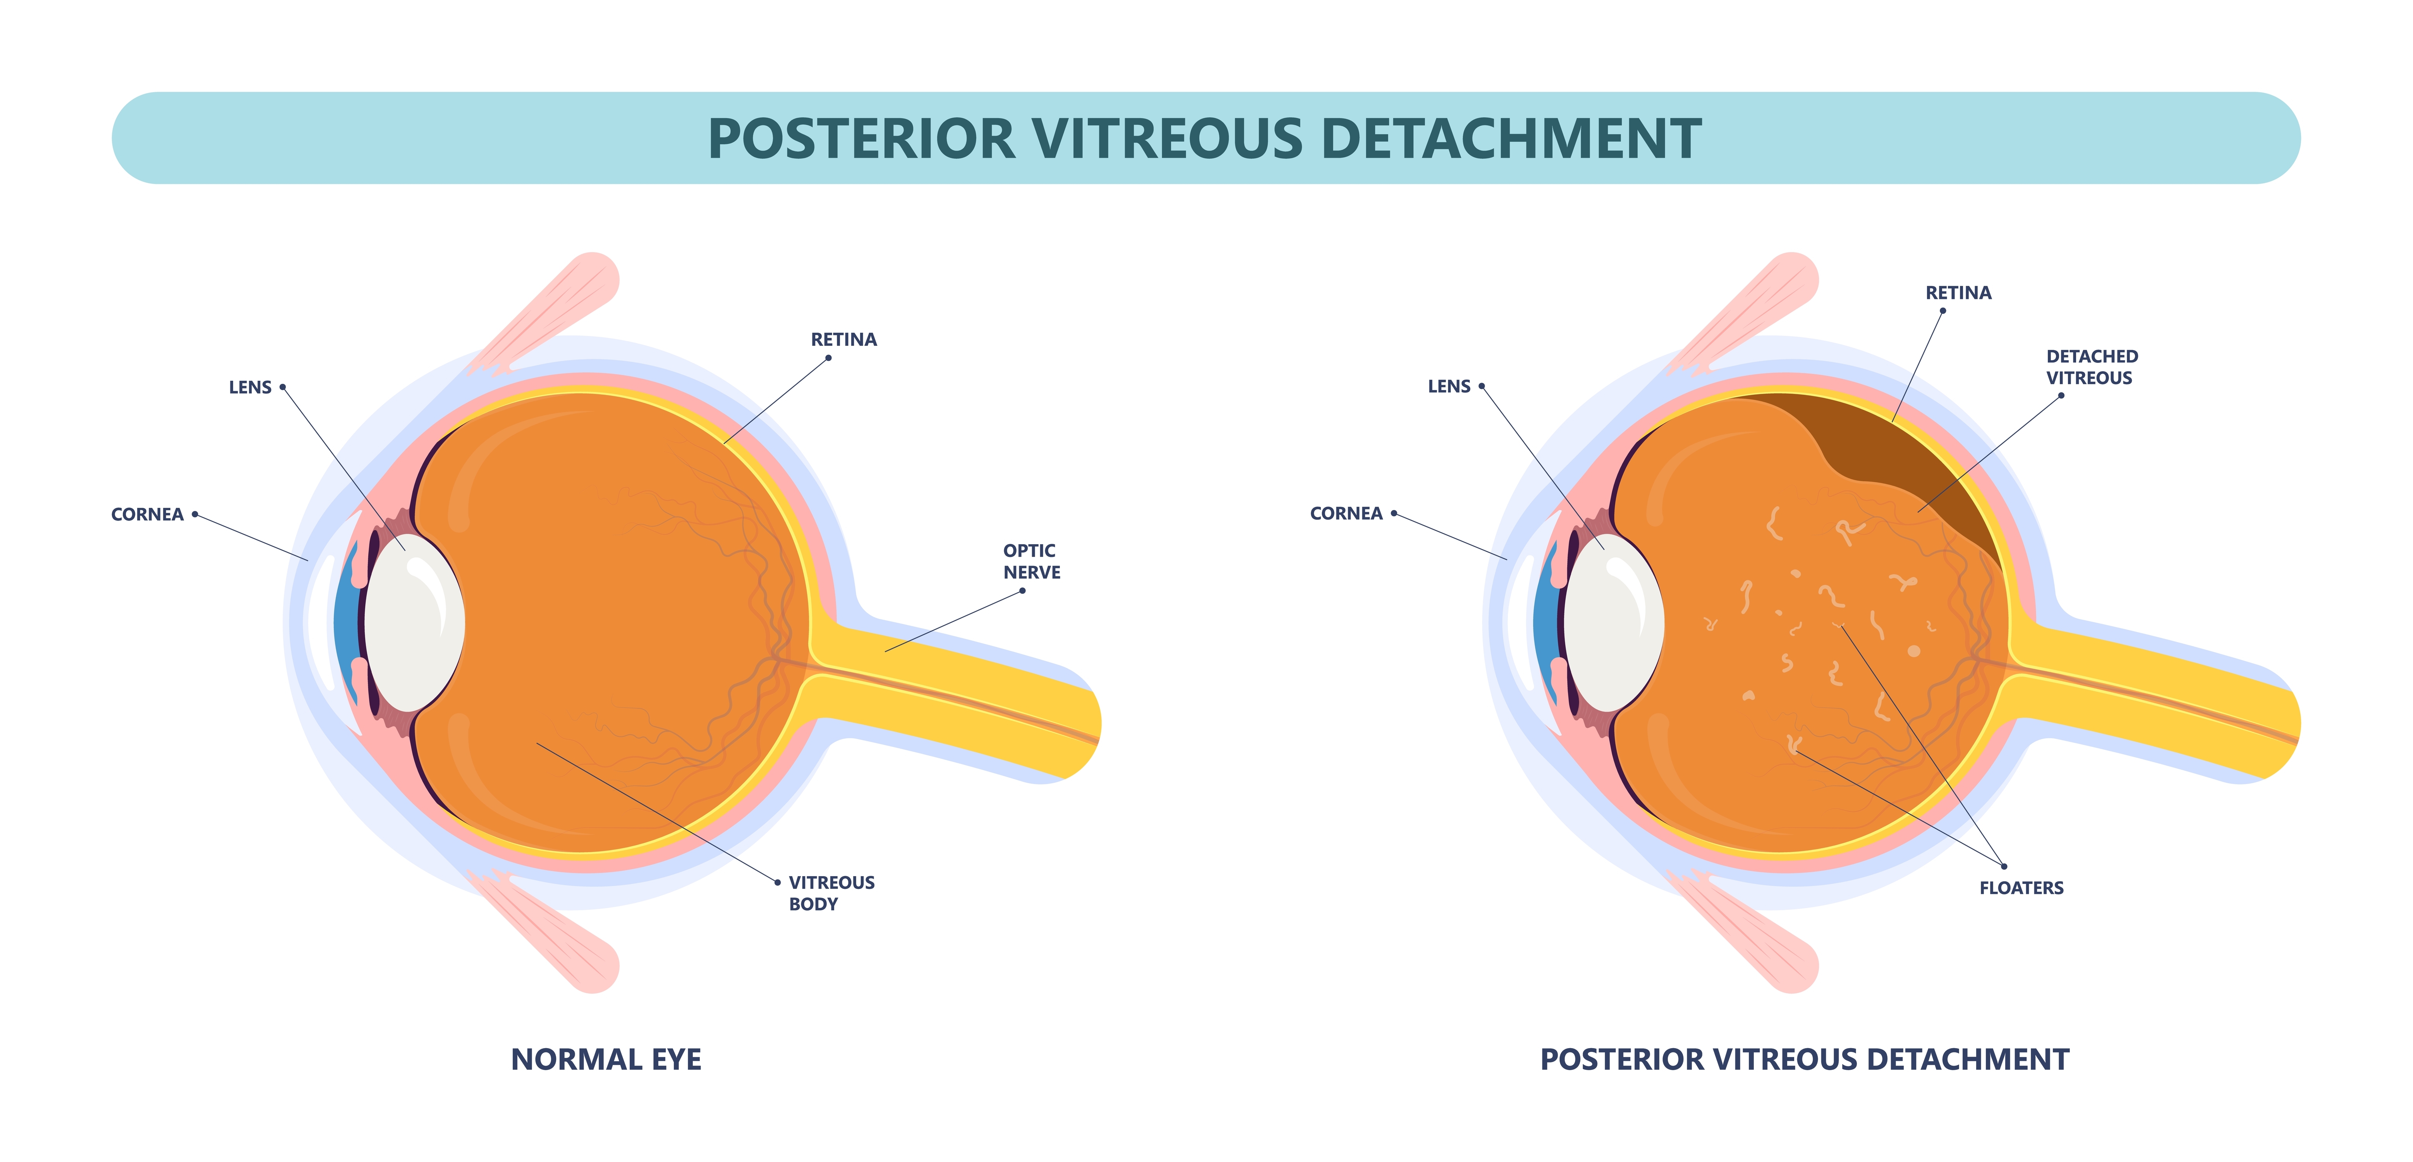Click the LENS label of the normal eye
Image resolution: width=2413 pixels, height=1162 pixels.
[250, 387]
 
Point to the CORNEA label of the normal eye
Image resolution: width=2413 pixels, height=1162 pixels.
[147, 514]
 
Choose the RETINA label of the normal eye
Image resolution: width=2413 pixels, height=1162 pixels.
[843, 339]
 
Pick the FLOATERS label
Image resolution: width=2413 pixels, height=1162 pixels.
[2020, 887]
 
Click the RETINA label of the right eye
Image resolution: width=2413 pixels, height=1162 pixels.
[1958, 292]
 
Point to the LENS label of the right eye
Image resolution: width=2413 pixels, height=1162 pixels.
[1448, 386]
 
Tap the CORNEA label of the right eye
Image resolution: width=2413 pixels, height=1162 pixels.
[1345, 514]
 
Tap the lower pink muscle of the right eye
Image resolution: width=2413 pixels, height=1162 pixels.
[1752, 937]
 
